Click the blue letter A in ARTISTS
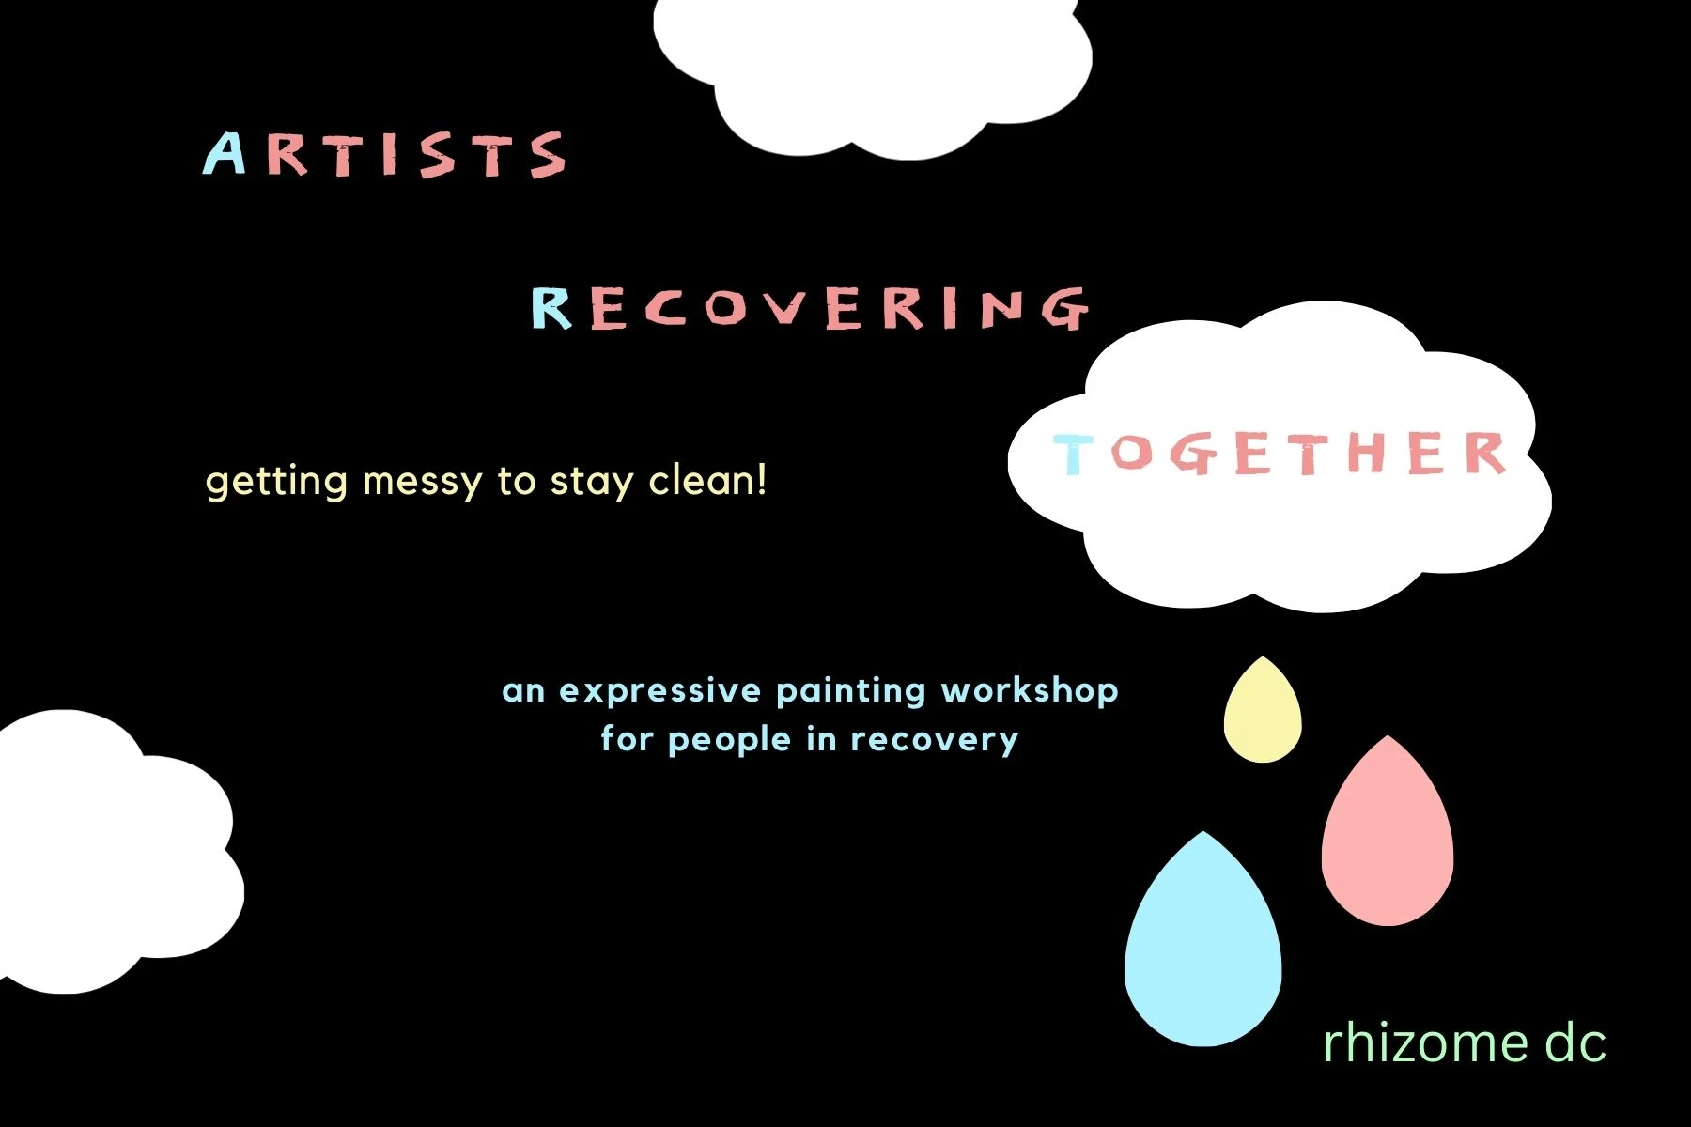(225, 154)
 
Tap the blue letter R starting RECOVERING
(551, 307)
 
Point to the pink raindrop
(1388, 836)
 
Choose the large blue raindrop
(1203, 944)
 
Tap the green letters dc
(1575, 1042)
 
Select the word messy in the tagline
(422, 484)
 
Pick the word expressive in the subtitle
(660, 692)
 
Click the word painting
(851, 692)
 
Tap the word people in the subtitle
(729, 740)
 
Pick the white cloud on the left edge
(117, 851)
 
